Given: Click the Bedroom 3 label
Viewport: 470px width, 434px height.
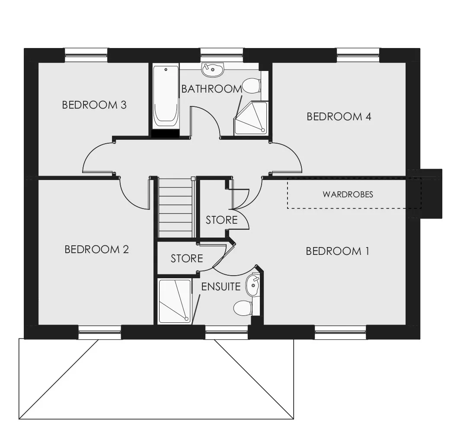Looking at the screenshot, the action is (94, 105).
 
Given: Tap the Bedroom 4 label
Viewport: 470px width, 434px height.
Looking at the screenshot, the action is (339, 116).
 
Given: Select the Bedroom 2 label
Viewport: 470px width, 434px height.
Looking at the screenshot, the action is (96, 249).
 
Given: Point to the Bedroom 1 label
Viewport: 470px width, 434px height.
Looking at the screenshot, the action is (337, 251).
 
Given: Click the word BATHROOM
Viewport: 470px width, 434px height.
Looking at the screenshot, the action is (211, 89).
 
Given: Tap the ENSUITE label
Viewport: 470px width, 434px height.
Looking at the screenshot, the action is (221, 287).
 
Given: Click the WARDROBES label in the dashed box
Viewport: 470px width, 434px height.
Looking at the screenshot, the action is (348, 194).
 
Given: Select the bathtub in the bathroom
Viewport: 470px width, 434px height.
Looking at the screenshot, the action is (166, 98).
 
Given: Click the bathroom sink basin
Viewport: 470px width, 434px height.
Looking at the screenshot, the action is (213, 70).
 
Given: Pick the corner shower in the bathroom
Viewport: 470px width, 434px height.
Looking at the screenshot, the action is (251, 118).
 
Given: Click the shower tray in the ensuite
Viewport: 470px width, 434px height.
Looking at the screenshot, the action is (174, 302).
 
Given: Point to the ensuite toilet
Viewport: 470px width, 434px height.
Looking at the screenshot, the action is (243, 309).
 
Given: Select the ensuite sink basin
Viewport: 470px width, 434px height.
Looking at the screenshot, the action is (253, 285).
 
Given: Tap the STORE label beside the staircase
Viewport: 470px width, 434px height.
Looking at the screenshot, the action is (221, 220).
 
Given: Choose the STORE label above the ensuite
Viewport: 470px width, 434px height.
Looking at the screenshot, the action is (187, 259).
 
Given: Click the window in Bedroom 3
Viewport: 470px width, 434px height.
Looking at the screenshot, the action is (86, 55).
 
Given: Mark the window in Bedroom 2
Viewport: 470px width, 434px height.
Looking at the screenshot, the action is (100, 332).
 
